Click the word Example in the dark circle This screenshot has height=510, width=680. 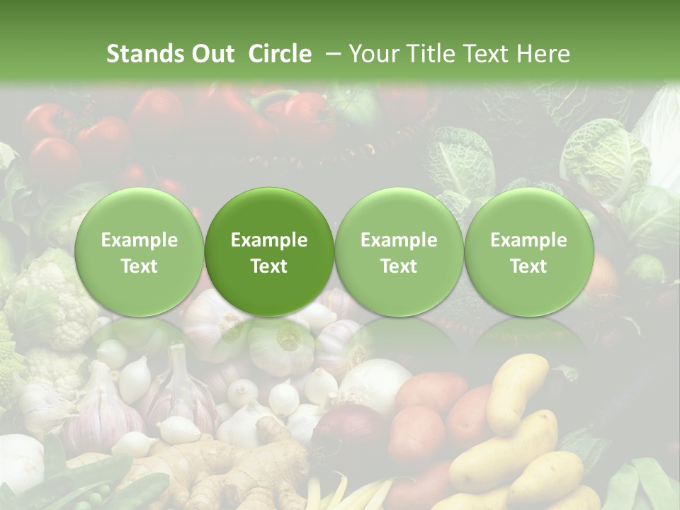(269, 240)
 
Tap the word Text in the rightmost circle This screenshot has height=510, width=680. (528, 266)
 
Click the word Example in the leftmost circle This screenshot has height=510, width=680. (139, 240)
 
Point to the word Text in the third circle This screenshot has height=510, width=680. (399, 266)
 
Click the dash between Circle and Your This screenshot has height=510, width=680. (330, 54)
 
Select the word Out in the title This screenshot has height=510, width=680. (210, 54)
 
